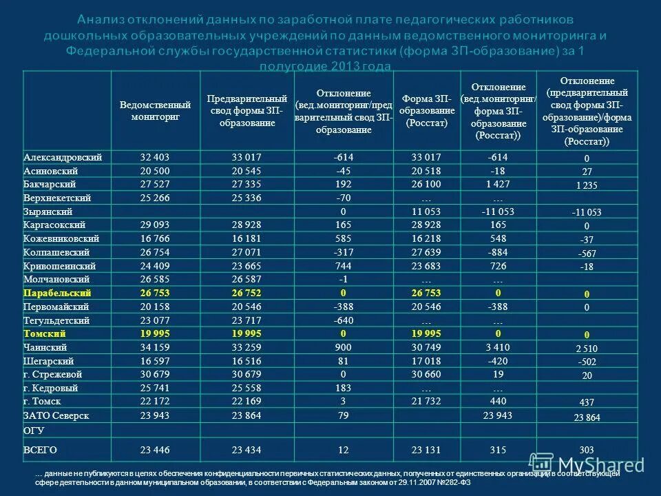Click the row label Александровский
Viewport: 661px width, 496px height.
[63, 157]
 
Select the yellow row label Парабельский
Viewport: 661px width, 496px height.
[58, 293]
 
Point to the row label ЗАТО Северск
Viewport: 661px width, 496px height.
[56, 415]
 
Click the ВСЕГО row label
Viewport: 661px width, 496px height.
[40, 450]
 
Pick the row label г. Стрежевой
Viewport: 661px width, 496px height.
[53, 375]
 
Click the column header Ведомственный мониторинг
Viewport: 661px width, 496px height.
[155, 111]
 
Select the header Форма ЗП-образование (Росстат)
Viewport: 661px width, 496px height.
[427, 111]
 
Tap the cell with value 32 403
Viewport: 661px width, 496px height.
[155, 157]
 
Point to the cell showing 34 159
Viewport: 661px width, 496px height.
[155, 347]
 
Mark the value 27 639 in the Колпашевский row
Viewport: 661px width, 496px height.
[426, 252]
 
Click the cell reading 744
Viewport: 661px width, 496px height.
[344, 266]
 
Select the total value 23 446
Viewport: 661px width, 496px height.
[155, 450]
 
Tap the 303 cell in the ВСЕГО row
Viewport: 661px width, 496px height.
[587, 451]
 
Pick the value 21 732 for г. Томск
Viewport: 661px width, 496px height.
[426, 402]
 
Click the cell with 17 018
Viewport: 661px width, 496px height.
[426, 361]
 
